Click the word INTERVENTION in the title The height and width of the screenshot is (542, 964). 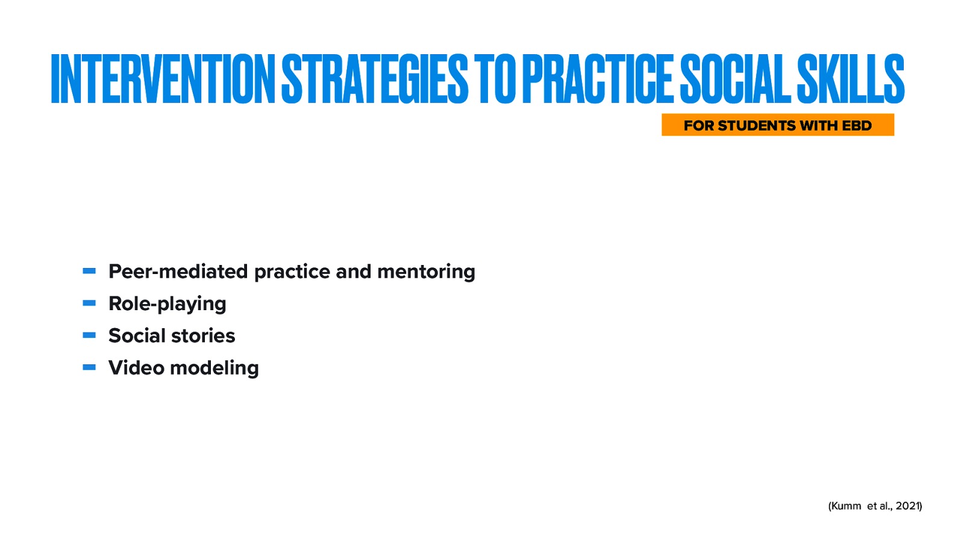coord(163,79)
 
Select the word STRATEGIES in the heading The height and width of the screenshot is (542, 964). coord(374,79)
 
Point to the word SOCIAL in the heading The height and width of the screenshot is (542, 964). coord(735,79)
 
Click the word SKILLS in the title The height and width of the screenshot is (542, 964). coord(850,79)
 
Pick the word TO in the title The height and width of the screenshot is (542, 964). coord(495,79)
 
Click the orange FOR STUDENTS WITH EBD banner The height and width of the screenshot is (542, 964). coord(777,125)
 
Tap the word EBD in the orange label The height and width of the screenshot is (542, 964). coord(857,126)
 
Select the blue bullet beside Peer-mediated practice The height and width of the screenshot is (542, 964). coord(89,272)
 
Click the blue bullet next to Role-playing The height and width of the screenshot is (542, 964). coord(89,304)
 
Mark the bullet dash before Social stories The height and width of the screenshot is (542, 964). coord(89,335)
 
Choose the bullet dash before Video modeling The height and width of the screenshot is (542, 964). coord(89,367)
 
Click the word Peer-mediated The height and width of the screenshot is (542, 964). coord(178,272)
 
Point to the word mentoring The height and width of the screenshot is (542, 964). coord(426,272)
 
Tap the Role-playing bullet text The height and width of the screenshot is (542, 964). coord(167,304)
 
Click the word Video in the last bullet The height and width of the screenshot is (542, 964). coord(136,367)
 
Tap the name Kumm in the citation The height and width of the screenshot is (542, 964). coord(846,506)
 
